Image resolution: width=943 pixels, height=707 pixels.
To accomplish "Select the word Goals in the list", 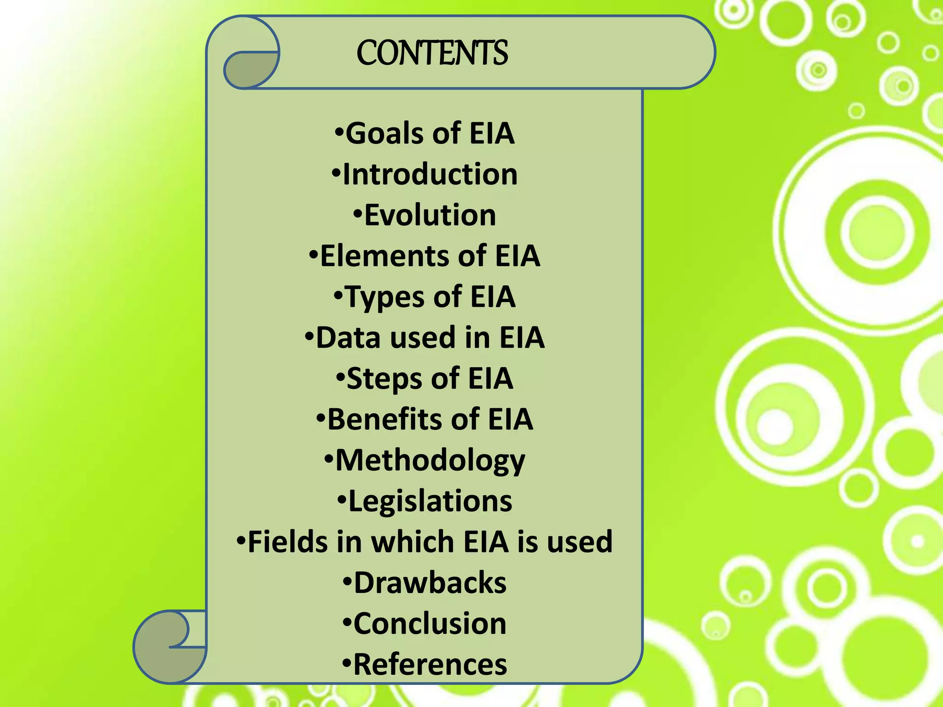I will click(384, 133).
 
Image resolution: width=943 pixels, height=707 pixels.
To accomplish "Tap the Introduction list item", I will click(430, 174).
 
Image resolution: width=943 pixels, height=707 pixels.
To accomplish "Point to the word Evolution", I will click(430, 215).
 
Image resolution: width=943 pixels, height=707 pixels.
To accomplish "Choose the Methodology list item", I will click(430, 460).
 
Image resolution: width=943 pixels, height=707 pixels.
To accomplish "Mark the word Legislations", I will click(430, 501).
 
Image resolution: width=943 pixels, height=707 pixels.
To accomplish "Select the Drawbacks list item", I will click(430, 583).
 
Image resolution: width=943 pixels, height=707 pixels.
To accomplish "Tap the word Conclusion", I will click(430, 624).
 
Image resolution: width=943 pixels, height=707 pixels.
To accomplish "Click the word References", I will click(430, 665).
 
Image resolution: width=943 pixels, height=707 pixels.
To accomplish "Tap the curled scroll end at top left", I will click(249, 69).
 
